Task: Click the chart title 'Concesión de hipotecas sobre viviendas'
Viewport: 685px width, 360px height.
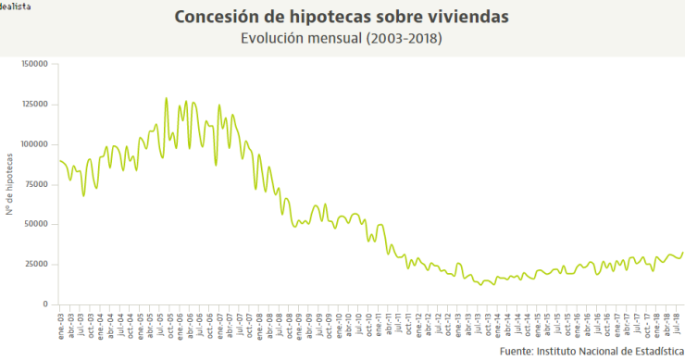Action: tap(342, 18)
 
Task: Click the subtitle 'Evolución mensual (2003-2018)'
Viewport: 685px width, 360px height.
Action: tap(342, 39)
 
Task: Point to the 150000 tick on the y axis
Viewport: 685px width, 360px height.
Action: tap(34, 64)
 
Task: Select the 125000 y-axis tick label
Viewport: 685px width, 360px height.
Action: tap(34, 104)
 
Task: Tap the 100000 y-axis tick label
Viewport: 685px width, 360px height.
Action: tap(34, 144)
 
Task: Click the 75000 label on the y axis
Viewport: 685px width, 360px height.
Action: tap(37, 184)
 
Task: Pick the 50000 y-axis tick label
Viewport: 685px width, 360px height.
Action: tap(37, 224)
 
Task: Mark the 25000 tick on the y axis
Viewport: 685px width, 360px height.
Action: tap(37, 264)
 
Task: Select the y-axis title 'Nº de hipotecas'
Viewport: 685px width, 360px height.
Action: tap(8, 184)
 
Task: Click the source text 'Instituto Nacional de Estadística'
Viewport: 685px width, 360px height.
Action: tap(607, 352)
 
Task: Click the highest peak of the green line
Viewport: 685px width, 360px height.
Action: tap(166, 98)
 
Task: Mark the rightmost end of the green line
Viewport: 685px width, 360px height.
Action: tap(683, 253)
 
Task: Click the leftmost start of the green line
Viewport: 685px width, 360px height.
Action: tap(59, 161)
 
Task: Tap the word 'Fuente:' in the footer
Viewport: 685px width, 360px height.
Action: tap(516, 352)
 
